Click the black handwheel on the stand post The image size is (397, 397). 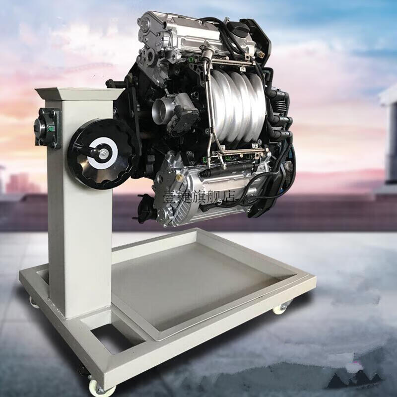(103, 154)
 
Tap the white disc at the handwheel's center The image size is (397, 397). (103, 153)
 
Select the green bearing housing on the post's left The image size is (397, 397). (48, 128)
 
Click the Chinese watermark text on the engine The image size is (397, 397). (199, 196)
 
